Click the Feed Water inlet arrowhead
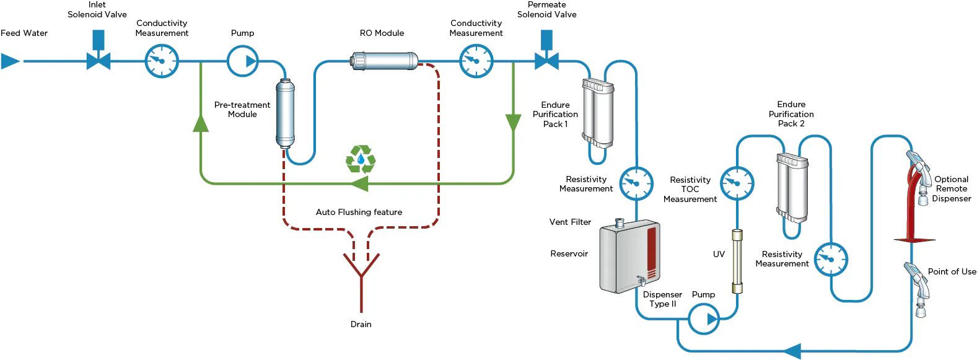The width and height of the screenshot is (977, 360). (x=10, y=61)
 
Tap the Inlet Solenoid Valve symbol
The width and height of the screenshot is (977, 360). (x=99, y=60)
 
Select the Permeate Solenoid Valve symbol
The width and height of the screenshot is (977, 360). (x=546, y=60)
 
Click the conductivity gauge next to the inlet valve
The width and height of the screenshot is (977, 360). (x=162, y=61)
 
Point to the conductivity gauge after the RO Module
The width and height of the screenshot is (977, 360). (x=476, y=61)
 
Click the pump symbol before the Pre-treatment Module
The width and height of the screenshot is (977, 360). (x=243, y=61)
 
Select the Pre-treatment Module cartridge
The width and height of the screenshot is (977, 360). (x=285, y=113)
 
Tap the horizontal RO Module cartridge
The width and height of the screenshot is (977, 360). (x=385, y=61)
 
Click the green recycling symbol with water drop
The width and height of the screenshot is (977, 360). (x=361, y=160)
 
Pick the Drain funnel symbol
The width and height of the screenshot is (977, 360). (x=361, y=266)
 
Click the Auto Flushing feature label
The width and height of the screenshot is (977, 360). (x=359, y=212)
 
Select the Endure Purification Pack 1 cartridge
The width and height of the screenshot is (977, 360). (x=598, y=113)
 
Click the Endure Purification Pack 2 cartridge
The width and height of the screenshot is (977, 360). (x=792, y=187)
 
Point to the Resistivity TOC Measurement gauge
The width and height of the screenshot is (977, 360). (x=737, y=183)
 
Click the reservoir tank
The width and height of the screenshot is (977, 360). (x=629, y=256)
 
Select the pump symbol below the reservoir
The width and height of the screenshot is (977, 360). (x=704, y=319)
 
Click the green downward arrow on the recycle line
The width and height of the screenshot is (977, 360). (x=513, y=122)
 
